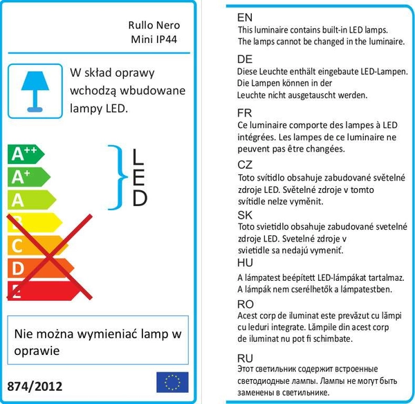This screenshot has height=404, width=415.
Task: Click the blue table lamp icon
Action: point(34,89)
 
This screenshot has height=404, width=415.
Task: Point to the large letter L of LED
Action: point(139,157)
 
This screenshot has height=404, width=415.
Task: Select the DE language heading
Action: point(245,59)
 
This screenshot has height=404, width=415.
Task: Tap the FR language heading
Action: point(244,113)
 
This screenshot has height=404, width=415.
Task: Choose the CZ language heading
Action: point(245,165)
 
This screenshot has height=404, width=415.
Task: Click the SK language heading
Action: point(244,214)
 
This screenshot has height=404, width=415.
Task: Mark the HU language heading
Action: point(245,264)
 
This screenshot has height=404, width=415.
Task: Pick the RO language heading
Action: point(245,303)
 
